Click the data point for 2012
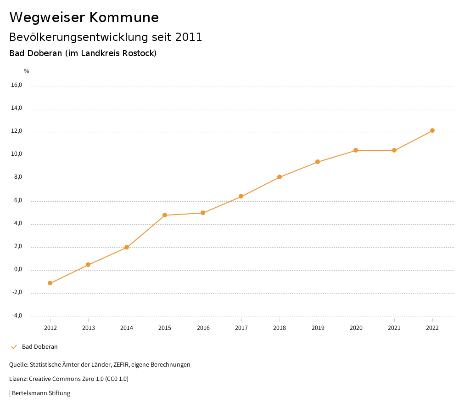(50, 283)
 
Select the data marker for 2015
(165, 215)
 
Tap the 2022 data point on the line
(432, 130)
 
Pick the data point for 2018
(280, 177)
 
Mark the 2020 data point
(356, 150)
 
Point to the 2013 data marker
(88, 265)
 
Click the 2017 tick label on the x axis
(241, 328)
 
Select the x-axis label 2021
(394, 328)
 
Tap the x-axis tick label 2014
(127, 328)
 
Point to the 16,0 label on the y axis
(16, 85)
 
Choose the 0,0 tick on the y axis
(17, 270)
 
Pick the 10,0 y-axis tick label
(16, 154)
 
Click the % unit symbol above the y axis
(27, 71)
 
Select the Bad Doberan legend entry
(39, 347)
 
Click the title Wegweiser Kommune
(84, 17)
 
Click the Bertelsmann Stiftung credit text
(41, 393)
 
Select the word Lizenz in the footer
(18, 379)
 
